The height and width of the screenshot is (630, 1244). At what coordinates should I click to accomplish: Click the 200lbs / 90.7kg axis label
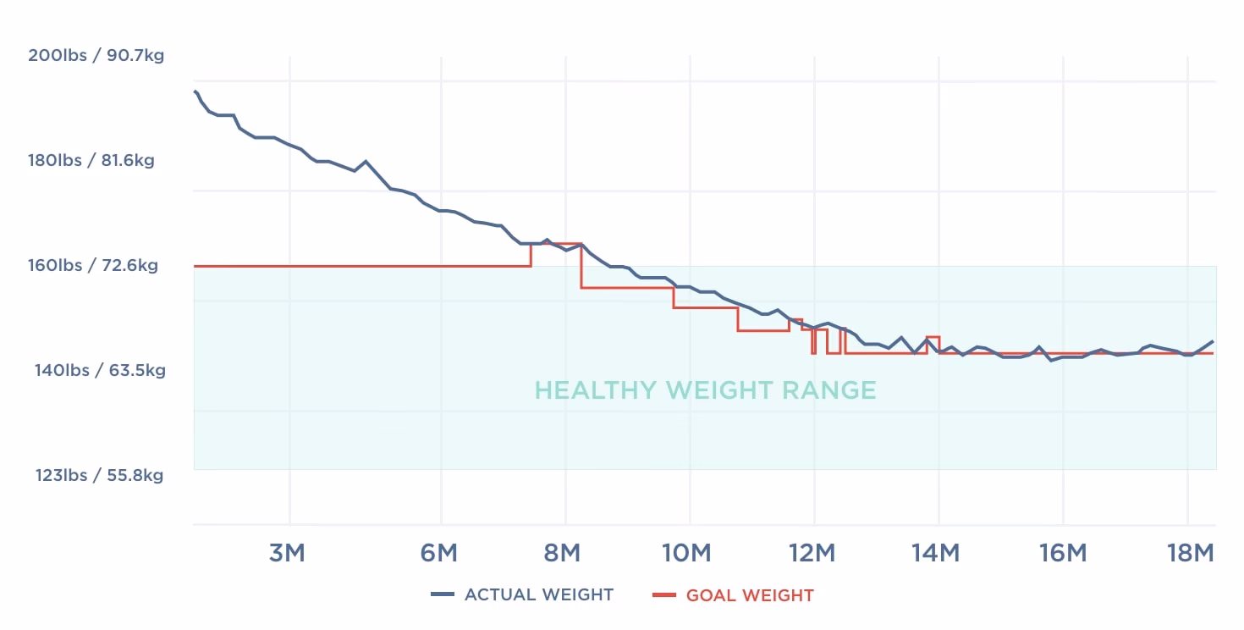96,56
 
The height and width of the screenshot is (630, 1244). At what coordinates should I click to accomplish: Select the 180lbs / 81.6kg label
91,161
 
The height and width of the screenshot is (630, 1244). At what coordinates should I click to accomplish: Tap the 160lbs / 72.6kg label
93,266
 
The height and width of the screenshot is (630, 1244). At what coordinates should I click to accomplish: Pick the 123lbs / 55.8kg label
99,476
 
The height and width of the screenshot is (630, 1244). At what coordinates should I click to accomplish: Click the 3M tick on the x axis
287,554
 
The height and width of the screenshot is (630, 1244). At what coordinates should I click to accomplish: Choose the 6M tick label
438,554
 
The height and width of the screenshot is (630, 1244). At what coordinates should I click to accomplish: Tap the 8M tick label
562,554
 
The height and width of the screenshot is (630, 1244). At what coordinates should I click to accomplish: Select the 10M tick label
686,554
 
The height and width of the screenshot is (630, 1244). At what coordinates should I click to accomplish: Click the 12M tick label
812,554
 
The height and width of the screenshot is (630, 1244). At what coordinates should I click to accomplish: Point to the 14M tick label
937,554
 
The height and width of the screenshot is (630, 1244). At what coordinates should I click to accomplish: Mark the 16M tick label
1063,554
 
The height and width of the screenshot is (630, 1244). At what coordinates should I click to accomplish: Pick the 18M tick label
1190,554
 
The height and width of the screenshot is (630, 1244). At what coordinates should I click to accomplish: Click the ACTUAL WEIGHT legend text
539,595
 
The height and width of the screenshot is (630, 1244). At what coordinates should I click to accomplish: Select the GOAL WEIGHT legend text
750,595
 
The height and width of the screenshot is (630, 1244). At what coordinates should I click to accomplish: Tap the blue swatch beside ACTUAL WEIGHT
443,595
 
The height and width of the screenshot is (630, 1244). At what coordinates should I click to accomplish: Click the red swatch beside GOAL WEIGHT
664,595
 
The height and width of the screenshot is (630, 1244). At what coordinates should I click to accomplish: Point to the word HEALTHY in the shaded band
596,390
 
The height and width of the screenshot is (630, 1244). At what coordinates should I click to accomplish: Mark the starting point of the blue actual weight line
195,91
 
